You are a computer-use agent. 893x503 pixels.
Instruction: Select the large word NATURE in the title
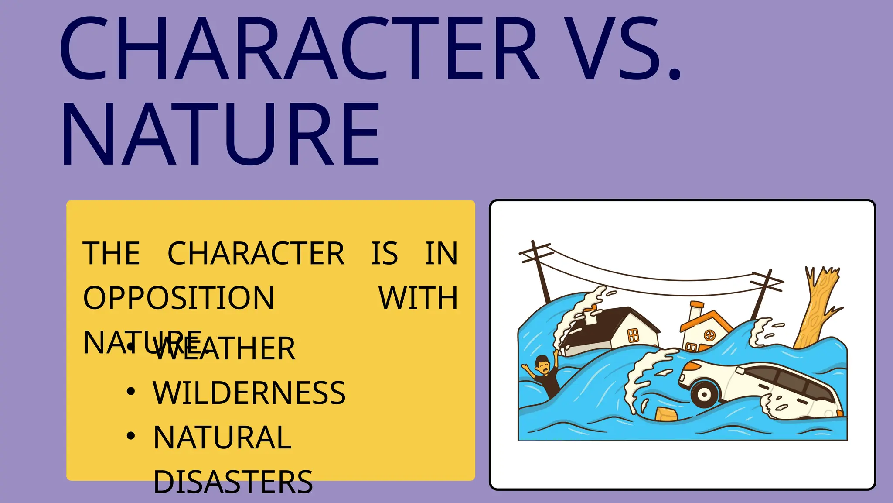coord(221,134)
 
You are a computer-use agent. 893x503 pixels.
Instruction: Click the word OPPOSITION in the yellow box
coord(179,298)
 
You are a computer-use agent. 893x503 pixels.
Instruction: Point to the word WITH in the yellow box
coord(418,298)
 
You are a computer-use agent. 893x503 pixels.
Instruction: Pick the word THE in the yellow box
coord(112,254)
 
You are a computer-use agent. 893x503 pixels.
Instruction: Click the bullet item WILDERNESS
coord(249,393)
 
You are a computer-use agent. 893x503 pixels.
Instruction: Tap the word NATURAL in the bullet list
coord(222,438)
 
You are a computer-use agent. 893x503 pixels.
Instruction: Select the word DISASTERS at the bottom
coord(233,482)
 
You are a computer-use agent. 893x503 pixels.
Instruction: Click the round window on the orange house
coord(709,335)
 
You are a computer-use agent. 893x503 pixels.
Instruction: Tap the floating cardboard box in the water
coord(666,414)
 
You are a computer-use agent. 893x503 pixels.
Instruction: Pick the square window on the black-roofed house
coord(633,335)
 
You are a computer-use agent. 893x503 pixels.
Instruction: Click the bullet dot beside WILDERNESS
coord(130,392)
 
